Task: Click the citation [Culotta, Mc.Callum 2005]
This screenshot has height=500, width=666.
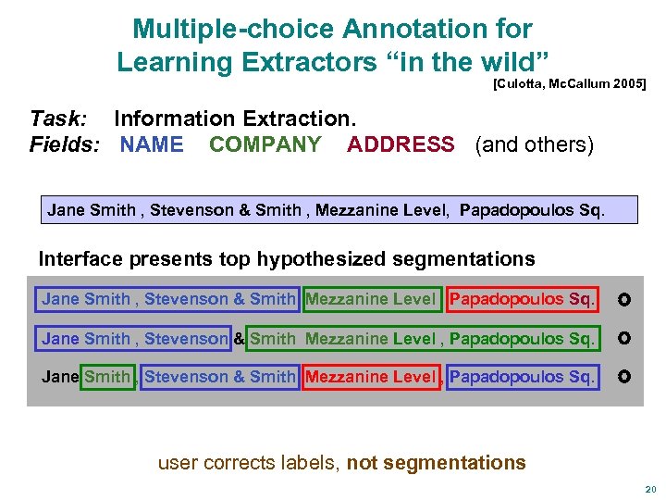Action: click(x=569, y=83)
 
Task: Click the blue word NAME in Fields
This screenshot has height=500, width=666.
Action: click(x=152, y=144)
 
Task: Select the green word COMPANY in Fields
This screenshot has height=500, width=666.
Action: click(x=265, y=144)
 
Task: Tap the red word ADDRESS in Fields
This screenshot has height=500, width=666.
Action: click(x=401, y=144)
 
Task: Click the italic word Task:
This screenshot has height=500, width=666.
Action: click(x=59, y=119)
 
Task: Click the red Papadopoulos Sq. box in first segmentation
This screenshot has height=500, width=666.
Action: click(x=522, y=299)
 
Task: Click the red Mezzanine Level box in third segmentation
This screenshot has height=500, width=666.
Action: click(x=370, y=377)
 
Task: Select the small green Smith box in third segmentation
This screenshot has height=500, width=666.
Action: click(x=107, y=377)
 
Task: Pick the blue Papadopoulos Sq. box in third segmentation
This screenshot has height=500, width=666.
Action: click(x=522, y=377)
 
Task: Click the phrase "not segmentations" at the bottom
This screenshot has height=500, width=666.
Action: click(x=436, y=462)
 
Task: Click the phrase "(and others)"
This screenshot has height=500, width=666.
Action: click(x=534, y=144)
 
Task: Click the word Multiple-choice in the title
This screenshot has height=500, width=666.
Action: click(x=232, y=29)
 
